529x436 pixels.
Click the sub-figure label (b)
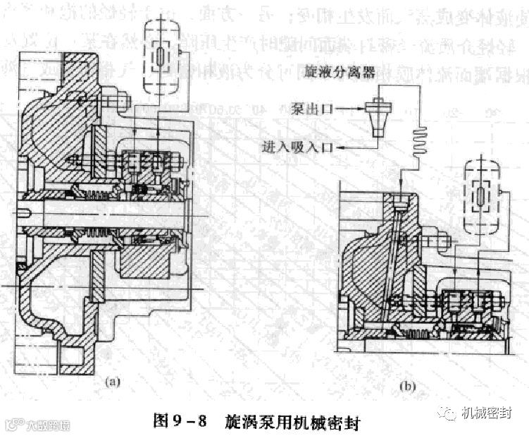409,387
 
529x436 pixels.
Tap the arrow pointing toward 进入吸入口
347,146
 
